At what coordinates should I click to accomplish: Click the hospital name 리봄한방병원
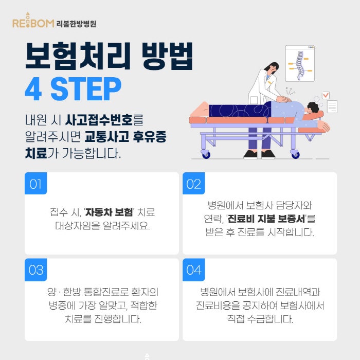pyautogui.click(x=76, y=24)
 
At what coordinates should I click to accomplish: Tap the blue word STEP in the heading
pyautogui.click(x=86, y=89)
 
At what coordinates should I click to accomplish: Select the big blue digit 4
pyautogui.click(x=33, y=89)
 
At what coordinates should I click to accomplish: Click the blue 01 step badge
pyautogui.click(x=35, y=183)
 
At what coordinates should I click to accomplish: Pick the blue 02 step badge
pyautogui.click(x=193, y=183)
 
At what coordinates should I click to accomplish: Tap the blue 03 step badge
pyautogui.click(x=35, y=269)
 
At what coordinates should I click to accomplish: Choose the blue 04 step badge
pyautogui.click(x=193, y=269)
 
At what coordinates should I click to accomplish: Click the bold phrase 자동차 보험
pyautogui.click(x=109, y=212)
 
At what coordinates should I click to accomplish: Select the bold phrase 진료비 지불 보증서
pyautogui.click(x=266, y=219)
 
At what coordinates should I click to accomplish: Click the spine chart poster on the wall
pyautogui.click(x=300, y=63)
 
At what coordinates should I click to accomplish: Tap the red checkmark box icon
pyautogui.click(x=326, y=95)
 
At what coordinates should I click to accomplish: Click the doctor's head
pyautogui.click(x=272, y=68)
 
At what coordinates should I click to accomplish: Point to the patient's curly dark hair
pyautogui.click(x=313, y=107)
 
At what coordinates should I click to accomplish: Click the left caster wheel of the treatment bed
pyautogui.click(x=206, y=154)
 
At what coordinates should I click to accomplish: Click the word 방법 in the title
pyautogui.click(x=167, y=56)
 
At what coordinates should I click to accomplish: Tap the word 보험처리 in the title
pyautogui.click(x=78, y=56)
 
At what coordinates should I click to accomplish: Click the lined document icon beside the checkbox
pyautogui.click(x=332, y=106)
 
